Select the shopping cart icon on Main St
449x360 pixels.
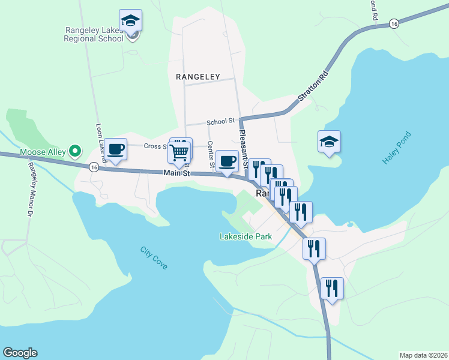point(179,153)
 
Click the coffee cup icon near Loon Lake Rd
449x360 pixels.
point(115,149)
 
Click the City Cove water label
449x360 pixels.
point(154,257)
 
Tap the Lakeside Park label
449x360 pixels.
point(245,236)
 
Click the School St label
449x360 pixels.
point(220,122)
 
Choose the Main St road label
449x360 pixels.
point(176,173)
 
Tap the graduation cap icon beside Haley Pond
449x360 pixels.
point(329,142)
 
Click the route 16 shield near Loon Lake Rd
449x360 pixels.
point(94,167)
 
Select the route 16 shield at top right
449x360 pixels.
point(394,23)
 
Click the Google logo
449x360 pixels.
point(20,353)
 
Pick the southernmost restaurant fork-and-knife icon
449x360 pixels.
point(331,289)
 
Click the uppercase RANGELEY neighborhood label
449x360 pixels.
point(198,77)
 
